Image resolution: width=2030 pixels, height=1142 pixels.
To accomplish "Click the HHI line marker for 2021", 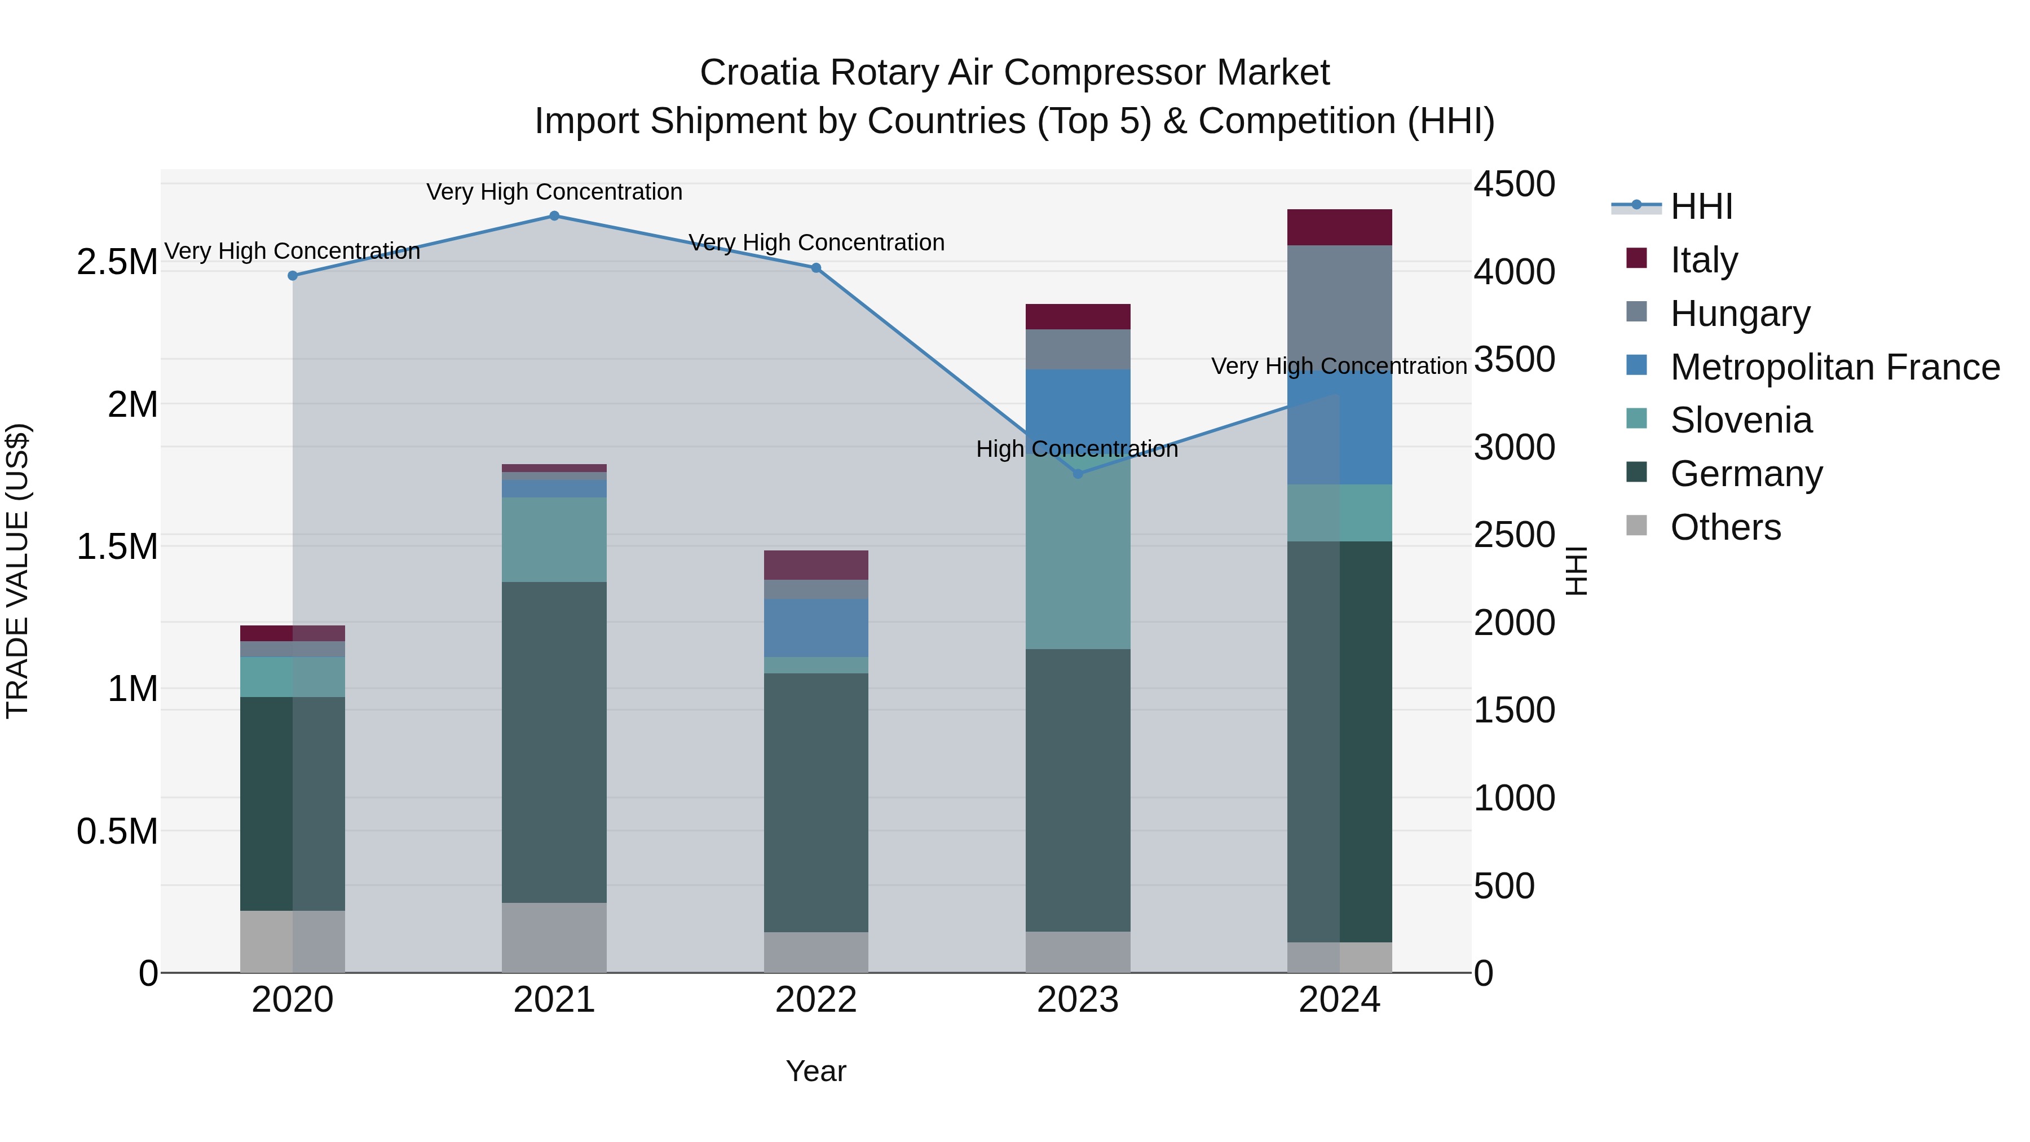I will coord(554,216).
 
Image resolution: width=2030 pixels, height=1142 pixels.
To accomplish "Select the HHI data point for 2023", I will coord(1078,474).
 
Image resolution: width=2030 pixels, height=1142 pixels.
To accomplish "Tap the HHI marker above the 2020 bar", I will coord(292,276).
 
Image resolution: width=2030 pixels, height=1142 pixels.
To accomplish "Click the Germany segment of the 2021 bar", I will coord(554,741).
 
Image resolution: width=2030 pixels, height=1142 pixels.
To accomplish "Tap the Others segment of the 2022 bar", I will coord(815,952).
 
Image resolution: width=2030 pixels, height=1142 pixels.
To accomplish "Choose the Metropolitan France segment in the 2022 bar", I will coord(815,627).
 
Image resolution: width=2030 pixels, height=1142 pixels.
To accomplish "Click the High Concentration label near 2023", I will coord(1076,449).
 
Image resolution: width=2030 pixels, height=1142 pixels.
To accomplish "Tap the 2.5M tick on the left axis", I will coord(117,262).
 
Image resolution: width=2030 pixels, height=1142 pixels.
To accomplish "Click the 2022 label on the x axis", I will coord(815,1000).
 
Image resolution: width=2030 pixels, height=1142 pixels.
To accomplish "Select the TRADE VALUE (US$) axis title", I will coord(18,571).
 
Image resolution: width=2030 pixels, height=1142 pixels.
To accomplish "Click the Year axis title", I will coord(815,1071).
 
